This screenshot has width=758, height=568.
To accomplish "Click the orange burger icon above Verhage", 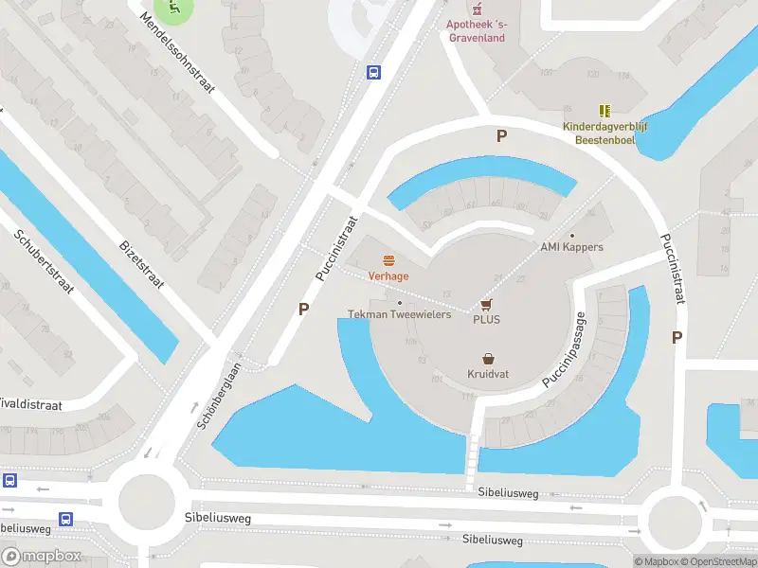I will (388, 260).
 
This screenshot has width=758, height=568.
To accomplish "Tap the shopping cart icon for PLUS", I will (487, 304).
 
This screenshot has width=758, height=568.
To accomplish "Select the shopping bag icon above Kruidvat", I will (488, 359).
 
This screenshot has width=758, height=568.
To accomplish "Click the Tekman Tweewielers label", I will (399, 314).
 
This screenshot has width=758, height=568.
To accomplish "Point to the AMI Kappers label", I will (571, 247).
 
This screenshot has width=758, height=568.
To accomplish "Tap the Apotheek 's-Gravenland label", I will (476, 30).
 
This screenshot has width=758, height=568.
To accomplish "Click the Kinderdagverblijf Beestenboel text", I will (605, 133).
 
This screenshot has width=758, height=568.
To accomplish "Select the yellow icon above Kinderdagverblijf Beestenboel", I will (605, 111).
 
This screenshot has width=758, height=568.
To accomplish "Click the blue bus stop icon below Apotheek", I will (374, 72).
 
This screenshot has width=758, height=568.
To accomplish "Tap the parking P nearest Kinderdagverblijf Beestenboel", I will (501, 136).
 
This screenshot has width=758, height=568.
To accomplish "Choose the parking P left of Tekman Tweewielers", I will (304, 309).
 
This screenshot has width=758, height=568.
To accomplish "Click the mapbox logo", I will (41, 557).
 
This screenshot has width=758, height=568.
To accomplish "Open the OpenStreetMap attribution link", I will (717, 561).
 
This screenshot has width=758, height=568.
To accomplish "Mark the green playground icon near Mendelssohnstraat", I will (173, 9).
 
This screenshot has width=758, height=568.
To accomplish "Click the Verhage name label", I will (388, 276).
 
